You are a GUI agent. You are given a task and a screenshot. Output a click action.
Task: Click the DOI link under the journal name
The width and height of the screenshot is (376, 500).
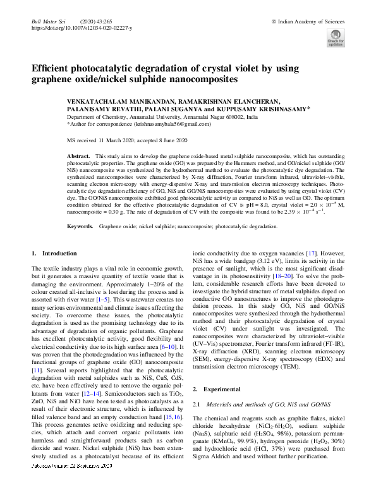click(82, 28)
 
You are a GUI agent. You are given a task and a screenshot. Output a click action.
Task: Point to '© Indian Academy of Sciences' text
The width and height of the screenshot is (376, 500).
click(308, 21)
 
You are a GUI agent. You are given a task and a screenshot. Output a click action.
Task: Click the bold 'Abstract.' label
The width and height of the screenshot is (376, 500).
click(79, 155)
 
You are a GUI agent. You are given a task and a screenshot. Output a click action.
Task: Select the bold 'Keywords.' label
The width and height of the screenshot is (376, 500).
click(81, 226)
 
